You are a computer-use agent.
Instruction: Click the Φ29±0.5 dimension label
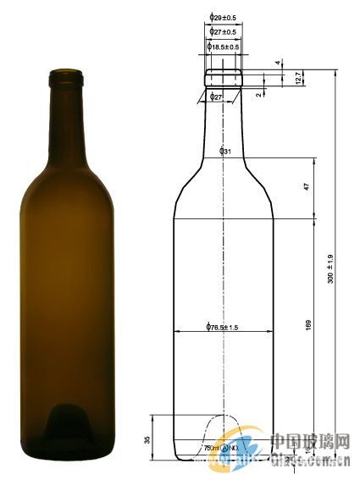[223, 17]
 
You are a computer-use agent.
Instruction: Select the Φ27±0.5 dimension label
[223, 32]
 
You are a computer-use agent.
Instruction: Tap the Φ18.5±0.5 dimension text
[224, 47]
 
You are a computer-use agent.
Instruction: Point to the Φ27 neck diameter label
[217, 97]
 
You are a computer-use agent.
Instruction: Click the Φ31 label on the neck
[225, 152]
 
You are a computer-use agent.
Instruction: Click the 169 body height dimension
[307, 324]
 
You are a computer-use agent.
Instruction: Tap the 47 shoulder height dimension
[307, 186]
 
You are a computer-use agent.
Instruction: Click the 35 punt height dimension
[147, 439]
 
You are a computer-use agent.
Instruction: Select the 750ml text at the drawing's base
[212, 447]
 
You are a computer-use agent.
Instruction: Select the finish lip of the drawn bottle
[224, 74]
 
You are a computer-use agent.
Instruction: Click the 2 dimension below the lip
[258, 95]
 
